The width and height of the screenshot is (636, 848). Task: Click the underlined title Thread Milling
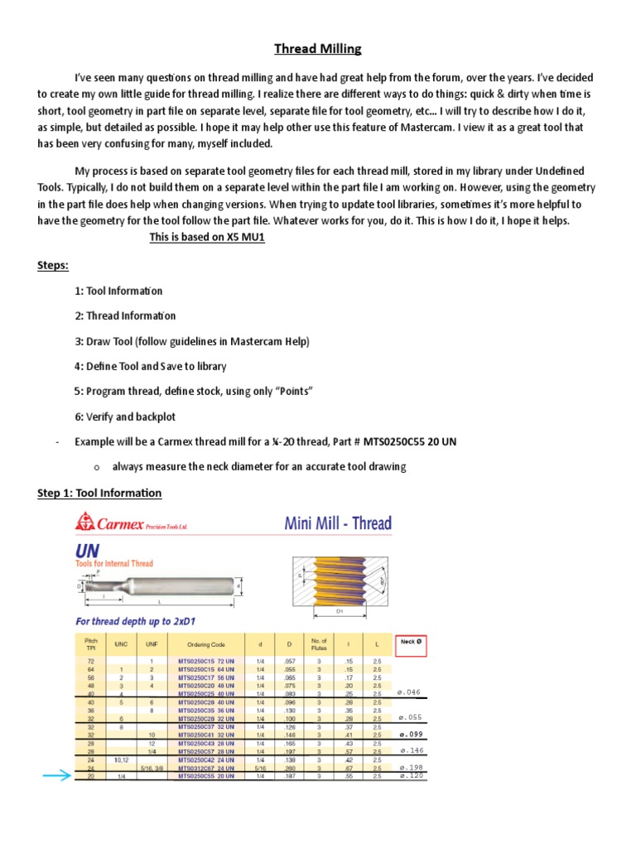[x=318, y=49]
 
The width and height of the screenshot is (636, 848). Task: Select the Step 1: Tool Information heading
[x=99, y=494]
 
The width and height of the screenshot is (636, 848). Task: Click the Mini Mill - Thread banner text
[x=338, y=523]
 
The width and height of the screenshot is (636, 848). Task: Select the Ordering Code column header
[x=206, y=643]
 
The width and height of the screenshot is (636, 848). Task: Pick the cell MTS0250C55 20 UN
[x=207, y=776]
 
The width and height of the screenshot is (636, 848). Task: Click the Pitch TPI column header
[x=91, y=643]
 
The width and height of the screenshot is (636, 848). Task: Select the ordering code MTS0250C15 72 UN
[x=207, y=661]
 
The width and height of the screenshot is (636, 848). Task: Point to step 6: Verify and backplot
[x=124, y=417]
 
